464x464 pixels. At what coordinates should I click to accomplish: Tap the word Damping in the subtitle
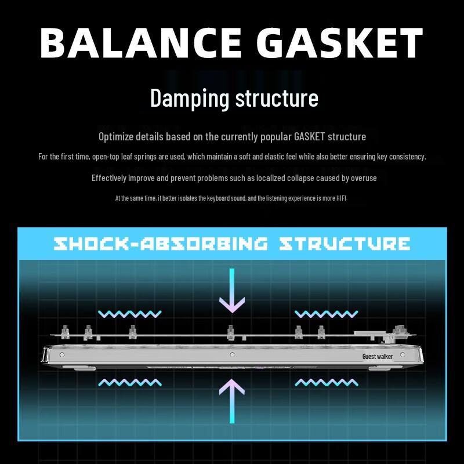pyautogui.click(x=190, y=98)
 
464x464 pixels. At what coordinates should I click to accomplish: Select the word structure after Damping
pyautogui.click(x=277, y=98)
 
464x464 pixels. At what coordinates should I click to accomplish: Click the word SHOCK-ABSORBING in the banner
pyautogui.click(x=161, y=243)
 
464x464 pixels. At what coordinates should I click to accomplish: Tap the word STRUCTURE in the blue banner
pyautogui.click(x=345, y=243)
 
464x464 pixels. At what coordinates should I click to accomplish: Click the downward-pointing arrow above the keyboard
pyautogui.click(x=231, y=290)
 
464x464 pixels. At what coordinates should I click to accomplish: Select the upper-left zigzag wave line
pyautogui.click(x=130, y=314)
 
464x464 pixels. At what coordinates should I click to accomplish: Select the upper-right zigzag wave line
pyautogui.click(x=327, y=314)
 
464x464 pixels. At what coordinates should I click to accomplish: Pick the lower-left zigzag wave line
pyautogui.click(x=130, y=382)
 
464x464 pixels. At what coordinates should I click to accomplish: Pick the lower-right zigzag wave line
pyautogui.click(x=327, y=382)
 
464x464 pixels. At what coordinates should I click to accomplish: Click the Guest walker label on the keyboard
pyautogui.click(x=378, y=356)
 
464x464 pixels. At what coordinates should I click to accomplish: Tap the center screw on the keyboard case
pyautogui.click(x=232, y=354)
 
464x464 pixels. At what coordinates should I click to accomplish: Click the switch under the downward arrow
pyautogui.click(x=231, y=332)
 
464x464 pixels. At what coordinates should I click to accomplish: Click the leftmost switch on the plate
pyautogui.click(x=64, y=331)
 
